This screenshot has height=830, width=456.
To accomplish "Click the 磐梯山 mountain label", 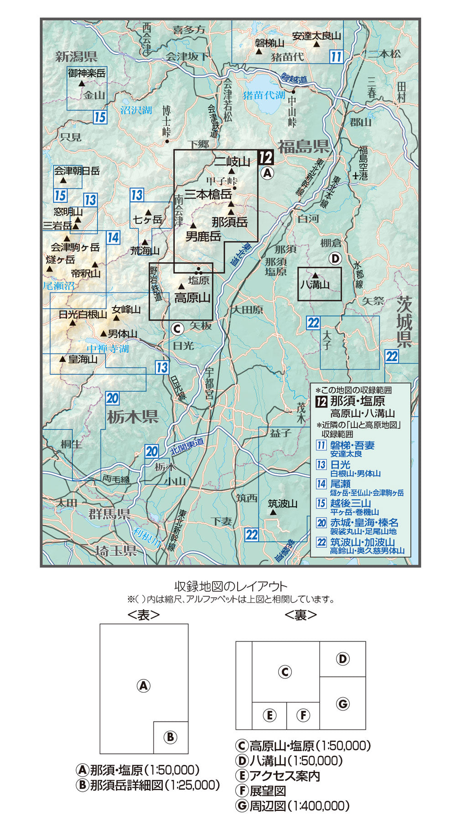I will (x=269, y=43).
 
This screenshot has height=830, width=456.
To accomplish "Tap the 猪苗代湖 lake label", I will (x=264, y=95).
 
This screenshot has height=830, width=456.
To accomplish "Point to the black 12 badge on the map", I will (x=266, y=158).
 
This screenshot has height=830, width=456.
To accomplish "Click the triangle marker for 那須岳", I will (x=231, y=212).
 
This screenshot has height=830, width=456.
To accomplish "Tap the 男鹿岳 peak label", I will (x=203, y=236).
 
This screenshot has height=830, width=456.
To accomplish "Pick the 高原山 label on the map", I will (x=192, y=298).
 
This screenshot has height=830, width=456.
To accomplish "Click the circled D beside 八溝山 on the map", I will (x=335, y=259).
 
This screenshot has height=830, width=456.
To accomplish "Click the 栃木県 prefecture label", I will (x=133, y=416).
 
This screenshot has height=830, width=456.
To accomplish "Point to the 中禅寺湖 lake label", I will (x=108, y=349).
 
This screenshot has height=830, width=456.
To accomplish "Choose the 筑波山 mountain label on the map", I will (x=282, y=504).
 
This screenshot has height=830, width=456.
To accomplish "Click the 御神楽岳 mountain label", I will (x=87, y=73).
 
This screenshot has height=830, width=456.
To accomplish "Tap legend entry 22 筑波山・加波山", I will (x=363, y=542).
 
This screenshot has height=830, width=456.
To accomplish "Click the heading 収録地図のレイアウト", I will (x=231, y=586).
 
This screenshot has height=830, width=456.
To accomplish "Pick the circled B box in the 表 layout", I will (x=171, y=737).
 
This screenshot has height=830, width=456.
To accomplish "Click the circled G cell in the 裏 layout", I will (x=342, y=704).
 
